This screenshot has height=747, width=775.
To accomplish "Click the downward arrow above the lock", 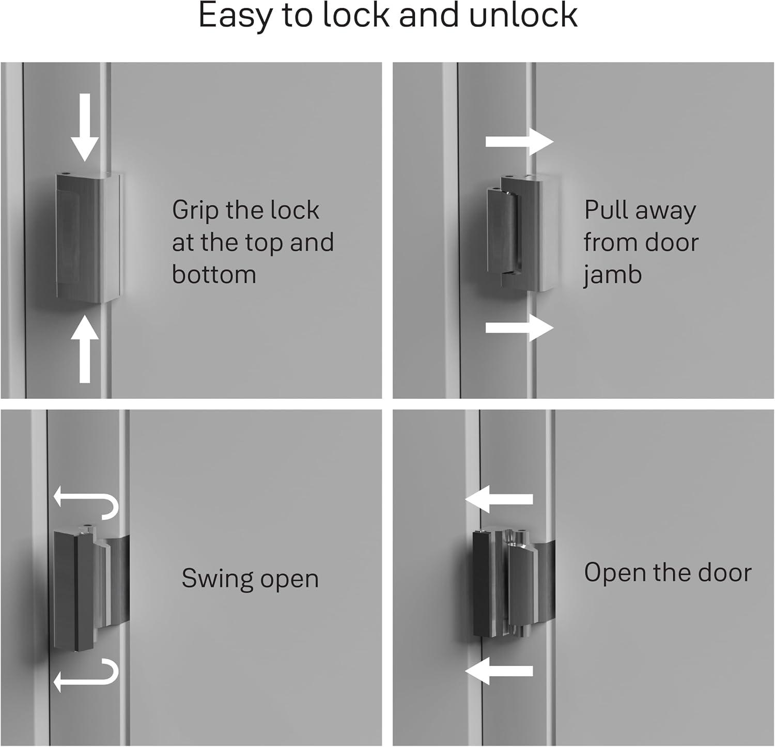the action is [85, 127].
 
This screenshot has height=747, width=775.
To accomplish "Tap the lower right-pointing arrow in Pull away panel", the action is [520, 328].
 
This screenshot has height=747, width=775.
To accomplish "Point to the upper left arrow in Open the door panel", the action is [499, 499].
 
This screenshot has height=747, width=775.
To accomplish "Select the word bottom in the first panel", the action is [214, 274].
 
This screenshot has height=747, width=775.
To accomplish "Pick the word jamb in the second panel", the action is [612, 274].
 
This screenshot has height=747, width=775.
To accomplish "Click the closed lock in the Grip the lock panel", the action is [88, 238].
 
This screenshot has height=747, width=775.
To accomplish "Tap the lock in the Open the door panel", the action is [513, 582].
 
